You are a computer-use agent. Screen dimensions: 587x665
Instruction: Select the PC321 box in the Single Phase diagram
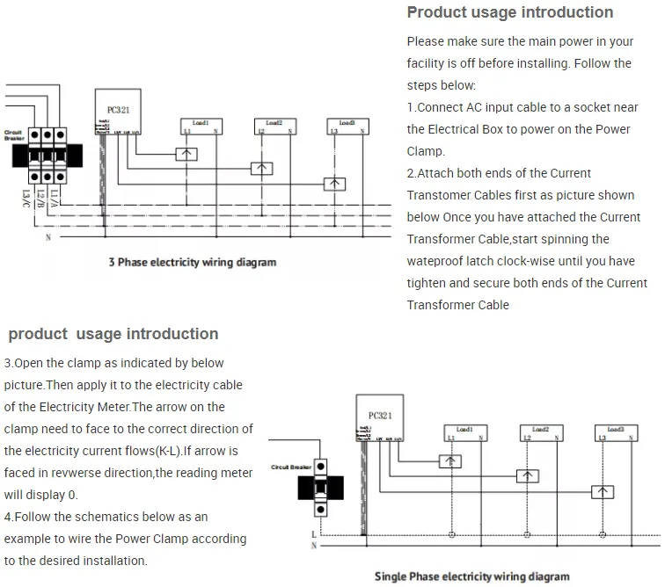click(379, 420)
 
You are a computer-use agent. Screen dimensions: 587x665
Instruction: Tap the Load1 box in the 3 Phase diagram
click(200, 126)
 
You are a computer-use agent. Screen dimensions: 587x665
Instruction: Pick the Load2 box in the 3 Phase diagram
click(274, 126)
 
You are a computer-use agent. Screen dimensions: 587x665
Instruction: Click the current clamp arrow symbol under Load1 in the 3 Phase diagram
click(186, 154)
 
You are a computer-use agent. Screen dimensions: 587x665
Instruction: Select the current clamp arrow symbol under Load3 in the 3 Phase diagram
click(334, 184)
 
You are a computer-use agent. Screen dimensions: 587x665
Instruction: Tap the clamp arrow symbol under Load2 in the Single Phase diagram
click(527, 475)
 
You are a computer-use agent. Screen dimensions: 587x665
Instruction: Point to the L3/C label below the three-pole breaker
click(27, 198)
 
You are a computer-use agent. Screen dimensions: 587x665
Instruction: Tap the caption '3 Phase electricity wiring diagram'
click(192, 262)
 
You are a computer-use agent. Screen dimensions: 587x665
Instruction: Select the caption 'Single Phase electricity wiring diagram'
click(471, 576)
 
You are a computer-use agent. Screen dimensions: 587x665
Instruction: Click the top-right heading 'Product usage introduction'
click(509, 12)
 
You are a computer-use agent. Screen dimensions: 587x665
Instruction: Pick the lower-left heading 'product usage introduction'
click(113, 334)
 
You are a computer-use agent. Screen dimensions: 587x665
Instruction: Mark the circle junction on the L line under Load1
click(452, 533)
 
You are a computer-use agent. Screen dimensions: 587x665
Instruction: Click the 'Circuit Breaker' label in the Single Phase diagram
click(292, 467)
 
